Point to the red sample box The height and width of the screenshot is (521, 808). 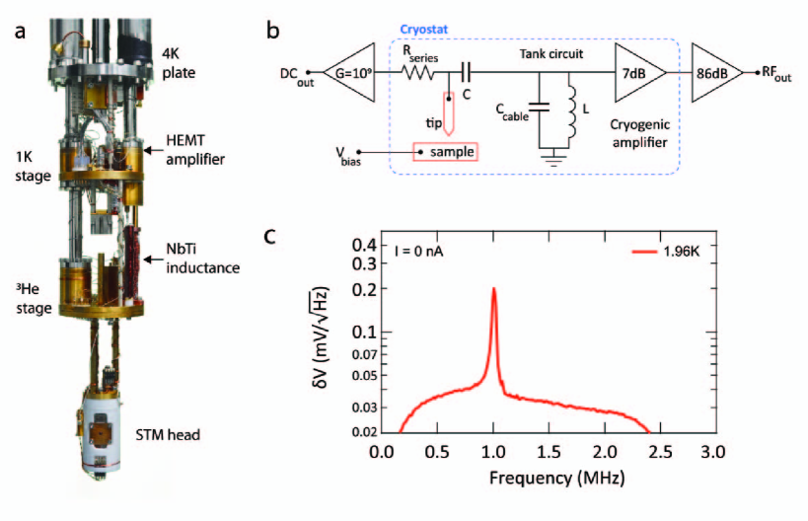click(x=445, y=152)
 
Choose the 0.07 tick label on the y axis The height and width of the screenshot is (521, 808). click(x=356, y=354)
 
